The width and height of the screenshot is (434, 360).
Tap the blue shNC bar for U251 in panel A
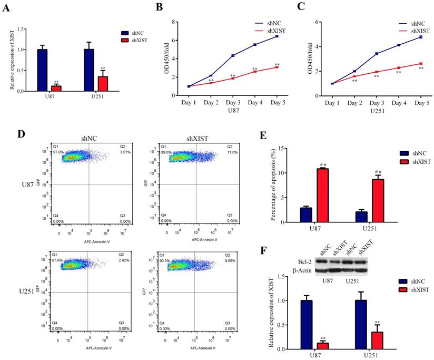coord(90,71)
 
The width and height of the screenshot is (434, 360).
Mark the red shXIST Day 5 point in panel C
coord(420,64)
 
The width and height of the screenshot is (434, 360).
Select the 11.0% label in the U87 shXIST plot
coord(230,152)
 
